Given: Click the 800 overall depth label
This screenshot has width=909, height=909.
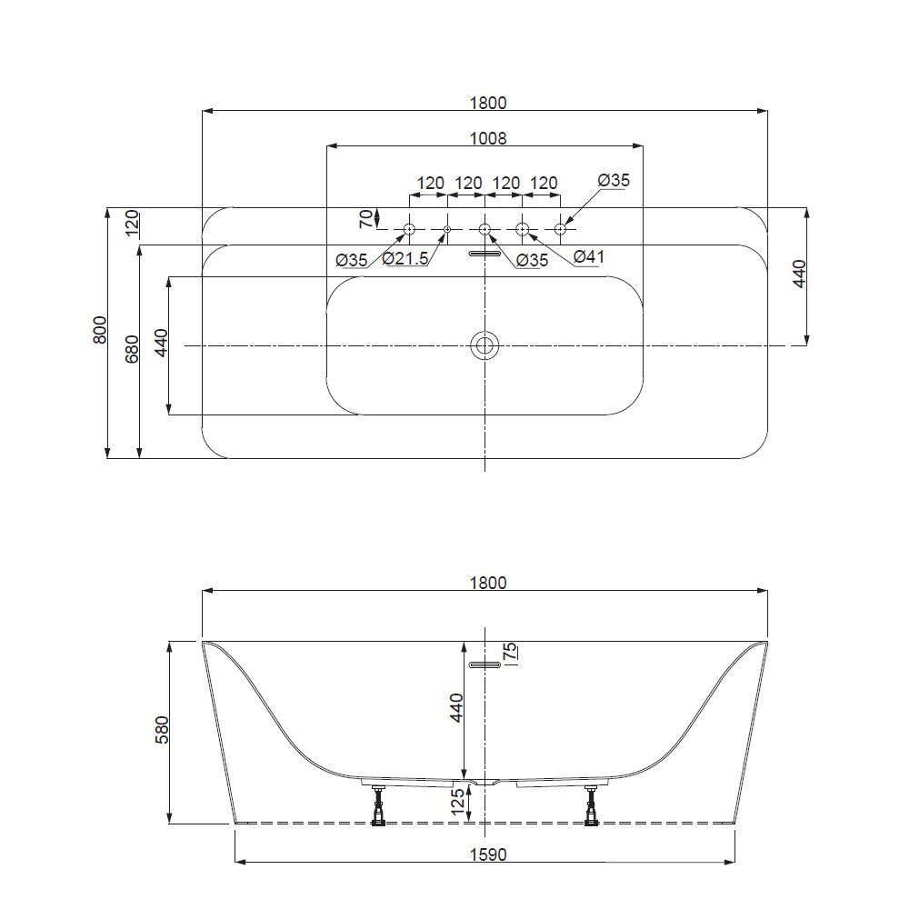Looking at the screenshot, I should click(x=100, y=329).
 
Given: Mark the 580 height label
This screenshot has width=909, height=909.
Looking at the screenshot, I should click(x=163, y=733).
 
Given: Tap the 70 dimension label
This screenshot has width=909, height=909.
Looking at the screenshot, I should click(x=366, y=218).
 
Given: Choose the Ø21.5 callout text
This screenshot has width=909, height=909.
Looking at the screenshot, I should click(x=405, y=260).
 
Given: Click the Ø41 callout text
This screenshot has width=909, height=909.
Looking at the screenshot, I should click(x=589, y=258).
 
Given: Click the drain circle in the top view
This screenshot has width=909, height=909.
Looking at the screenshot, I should click(x=484, y=345).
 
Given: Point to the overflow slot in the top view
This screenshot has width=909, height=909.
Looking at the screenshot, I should click(x=484, y=255).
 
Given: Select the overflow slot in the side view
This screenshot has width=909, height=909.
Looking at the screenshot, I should click(x=484, y=665).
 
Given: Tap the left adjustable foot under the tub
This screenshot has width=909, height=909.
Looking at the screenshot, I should click(x=379, y=805).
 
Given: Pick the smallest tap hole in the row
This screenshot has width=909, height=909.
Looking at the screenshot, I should click(x=446, y=228).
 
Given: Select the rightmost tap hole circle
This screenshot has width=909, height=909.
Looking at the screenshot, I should click(x=560, y=228).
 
